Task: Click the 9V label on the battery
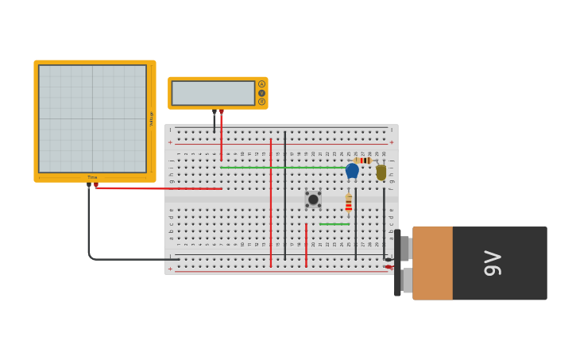tap(493, 263)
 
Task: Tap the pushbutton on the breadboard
tap(313, 199)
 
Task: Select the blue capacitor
tap(352, 170)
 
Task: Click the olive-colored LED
tap(381, 172)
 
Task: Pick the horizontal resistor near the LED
tap(363, 161)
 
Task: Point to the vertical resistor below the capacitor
tap(349, 205)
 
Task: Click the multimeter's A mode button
tap(261, 84)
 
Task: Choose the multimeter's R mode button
tap(261, 102)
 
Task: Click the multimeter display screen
tap(213, 93)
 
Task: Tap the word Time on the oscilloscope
tap(92, 177)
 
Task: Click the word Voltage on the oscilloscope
tap(151, 118)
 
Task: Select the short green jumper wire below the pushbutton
tap(334, 224)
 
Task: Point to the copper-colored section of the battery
tap(432, 263)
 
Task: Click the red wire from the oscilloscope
tap(159, 188)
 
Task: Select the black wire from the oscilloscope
tap(89, 230)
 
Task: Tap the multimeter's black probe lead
tap(214, 123)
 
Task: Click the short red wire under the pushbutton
tap(306, 245)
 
